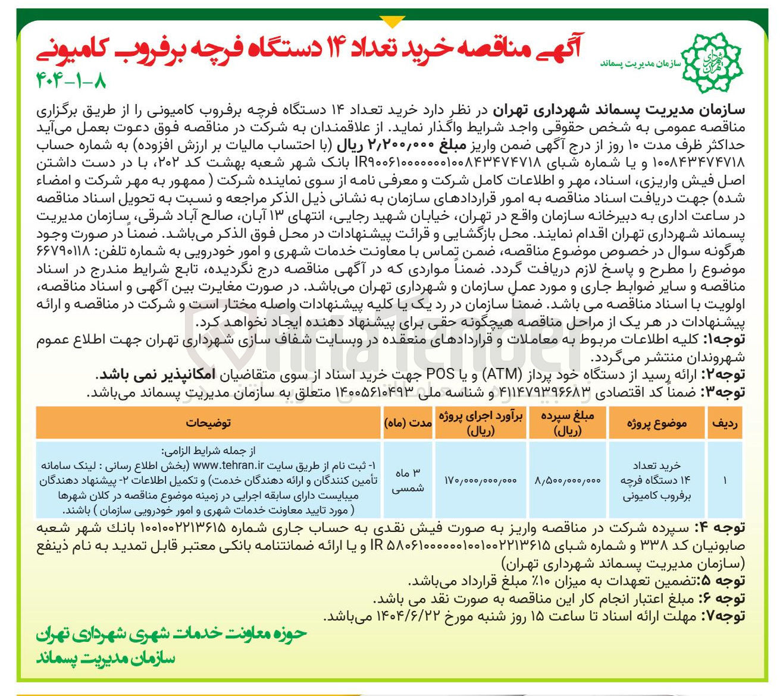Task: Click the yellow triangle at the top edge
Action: [391, 22]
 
